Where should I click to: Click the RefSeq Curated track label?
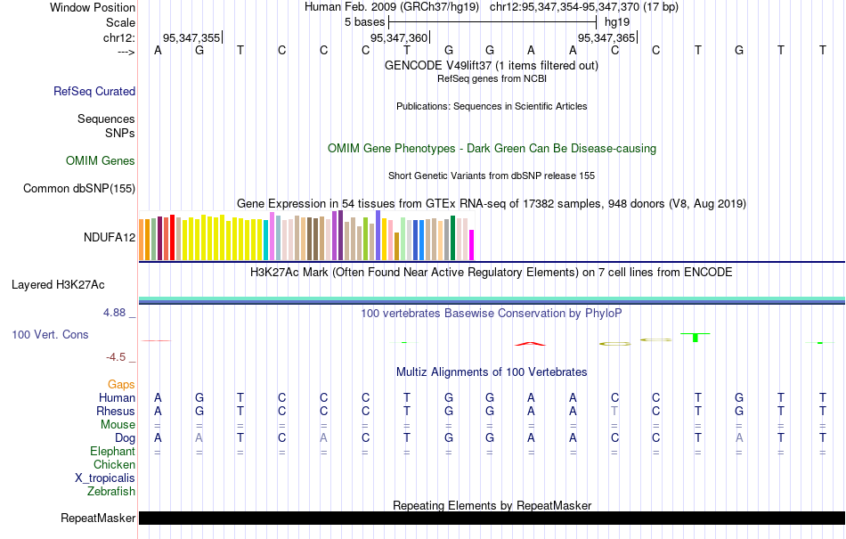click(94, 91)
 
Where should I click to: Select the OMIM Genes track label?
click(101, 161)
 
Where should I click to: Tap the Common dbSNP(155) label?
click(79, 188)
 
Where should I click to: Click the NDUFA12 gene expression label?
click(110, 237)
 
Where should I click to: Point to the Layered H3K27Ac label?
click(58, 285)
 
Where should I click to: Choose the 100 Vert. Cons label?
click(50, 334)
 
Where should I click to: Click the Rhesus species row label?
click(116, 412)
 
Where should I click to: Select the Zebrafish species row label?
click(111, 491)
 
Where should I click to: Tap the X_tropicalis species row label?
click(105, 478)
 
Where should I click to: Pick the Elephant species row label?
click(112, 452)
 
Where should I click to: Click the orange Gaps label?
click(121, 385)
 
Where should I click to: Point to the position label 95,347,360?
click(399, 37)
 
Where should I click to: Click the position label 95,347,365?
click(606, 37)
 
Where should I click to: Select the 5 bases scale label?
click(364, 21)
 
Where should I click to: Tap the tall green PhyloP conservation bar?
click(696, 338)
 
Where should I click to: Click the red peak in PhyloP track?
click(530, 343)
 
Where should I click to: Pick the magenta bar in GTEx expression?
click(472, 245)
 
